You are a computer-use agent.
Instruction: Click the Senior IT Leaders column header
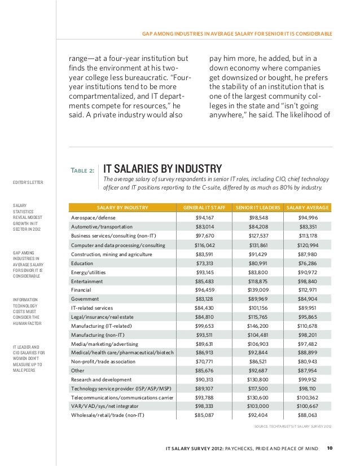(258, 208)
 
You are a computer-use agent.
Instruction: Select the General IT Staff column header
(204, 208)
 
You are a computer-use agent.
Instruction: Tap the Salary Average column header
(308, 208)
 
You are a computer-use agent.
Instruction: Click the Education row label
(82, 263)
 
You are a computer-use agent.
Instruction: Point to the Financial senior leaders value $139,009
(258, 290)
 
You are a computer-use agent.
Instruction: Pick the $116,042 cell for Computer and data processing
(204, 245)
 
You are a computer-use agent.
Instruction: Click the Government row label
(85, 299)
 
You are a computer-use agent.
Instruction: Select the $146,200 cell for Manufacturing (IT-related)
(258, 326)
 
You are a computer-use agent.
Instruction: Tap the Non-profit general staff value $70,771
(204, 362)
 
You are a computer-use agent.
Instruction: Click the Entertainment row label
(87, 281)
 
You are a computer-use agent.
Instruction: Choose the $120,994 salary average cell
(308, 245)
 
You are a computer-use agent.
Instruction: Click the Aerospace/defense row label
(93, 218)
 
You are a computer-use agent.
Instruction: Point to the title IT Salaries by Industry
(163, 169)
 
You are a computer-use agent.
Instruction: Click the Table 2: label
(82, 170)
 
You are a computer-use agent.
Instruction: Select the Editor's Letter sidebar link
(28, 182)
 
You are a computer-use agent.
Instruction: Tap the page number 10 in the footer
(330, 448)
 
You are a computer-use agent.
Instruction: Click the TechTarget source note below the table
(293, 426)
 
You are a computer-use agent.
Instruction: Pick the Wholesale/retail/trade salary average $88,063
(308, 415)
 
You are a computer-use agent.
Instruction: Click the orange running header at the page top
(237, 34)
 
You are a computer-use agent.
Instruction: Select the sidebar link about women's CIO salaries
(29, 358)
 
